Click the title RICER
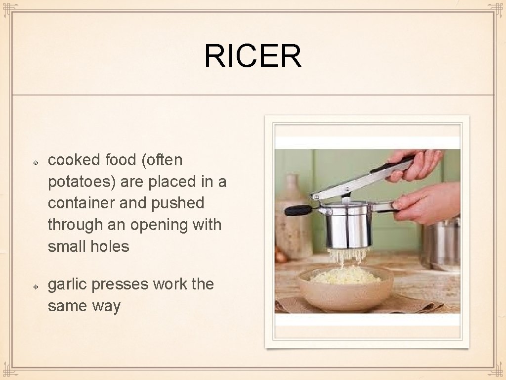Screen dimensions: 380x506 253,56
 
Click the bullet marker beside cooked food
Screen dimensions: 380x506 36,161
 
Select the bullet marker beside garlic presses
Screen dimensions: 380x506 36,286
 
